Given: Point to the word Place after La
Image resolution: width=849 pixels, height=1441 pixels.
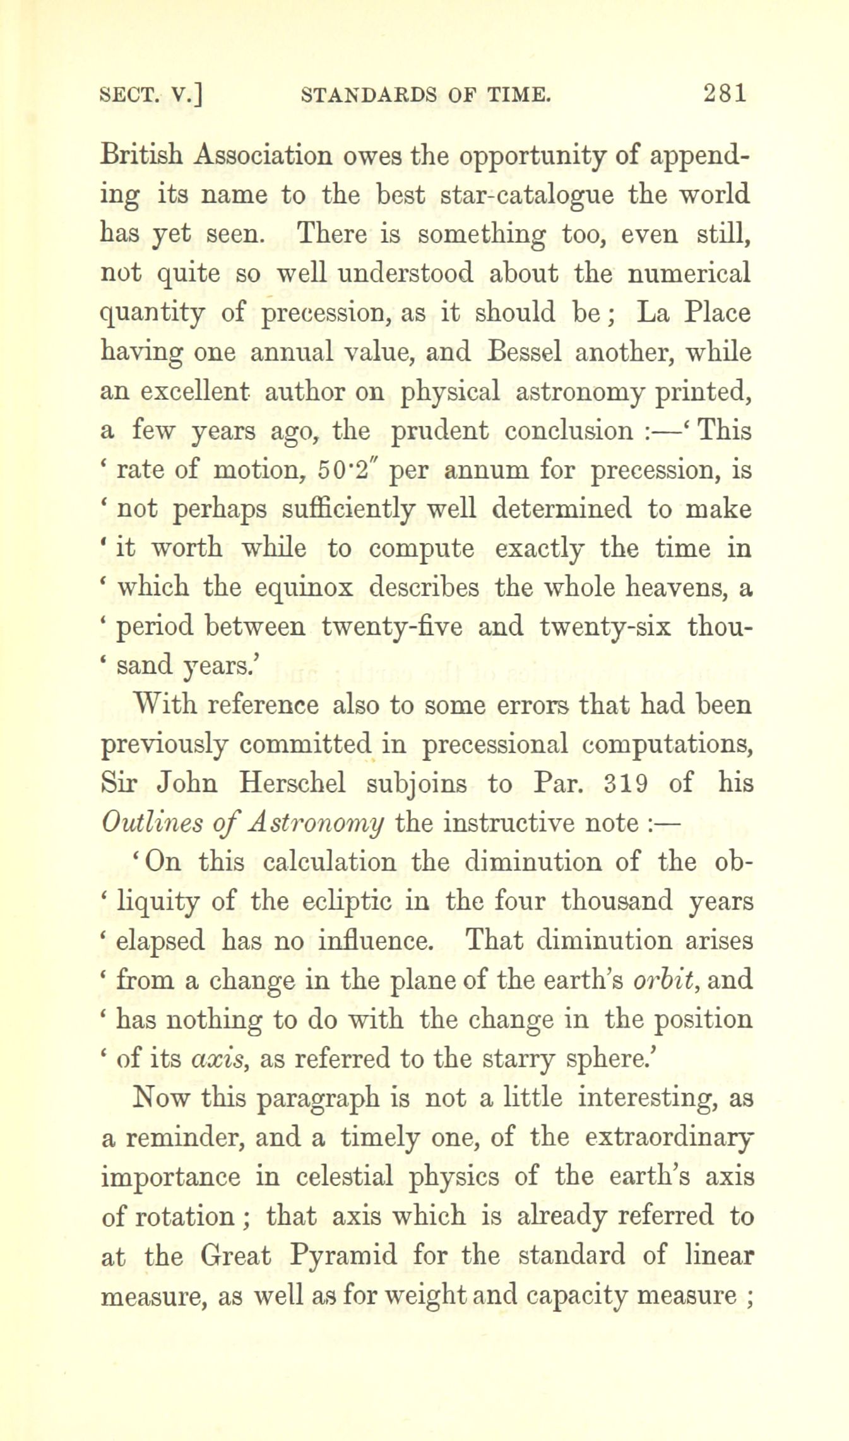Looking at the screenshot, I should pyautogui.click(x=718, y=313).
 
